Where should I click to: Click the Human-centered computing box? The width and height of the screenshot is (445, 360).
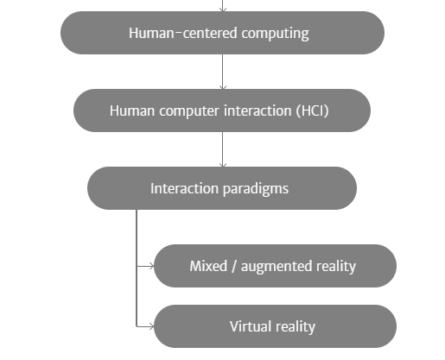[222, 33]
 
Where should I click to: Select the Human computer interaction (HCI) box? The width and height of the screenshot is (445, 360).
[222, 111]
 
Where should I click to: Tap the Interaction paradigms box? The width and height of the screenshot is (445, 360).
[222, 188]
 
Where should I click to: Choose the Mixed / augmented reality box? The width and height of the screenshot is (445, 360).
[276, 266]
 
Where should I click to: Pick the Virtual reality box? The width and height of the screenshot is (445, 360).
[276, 326]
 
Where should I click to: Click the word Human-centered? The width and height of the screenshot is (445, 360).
[183, 33]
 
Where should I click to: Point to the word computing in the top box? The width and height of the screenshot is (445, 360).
[276, 34]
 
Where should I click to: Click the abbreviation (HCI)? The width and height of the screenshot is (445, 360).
[313, 111]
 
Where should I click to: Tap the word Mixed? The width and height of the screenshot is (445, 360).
[208, 266]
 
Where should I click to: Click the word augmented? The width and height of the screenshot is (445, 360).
[277, 267]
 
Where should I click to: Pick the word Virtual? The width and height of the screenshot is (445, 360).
[251, 326]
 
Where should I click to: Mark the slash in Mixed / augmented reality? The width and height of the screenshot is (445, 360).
[234, 267]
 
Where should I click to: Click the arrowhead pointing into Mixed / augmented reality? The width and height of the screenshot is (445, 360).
[151, 267]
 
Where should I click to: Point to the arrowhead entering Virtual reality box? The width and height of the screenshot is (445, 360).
[151, 326]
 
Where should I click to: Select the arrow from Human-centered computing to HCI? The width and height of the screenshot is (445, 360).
[223, 72]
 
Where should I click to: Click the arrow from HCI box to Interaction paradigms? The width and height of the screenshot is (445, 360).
[223, 149]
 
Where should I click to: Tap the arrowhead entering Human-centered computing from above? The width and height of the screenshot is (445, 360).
[223, 9]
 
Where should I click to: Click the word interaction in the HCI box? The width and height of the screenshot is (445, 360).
[257, 111]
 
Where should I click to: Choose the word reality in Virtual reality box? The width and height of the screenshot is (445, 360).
[296, 327]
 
